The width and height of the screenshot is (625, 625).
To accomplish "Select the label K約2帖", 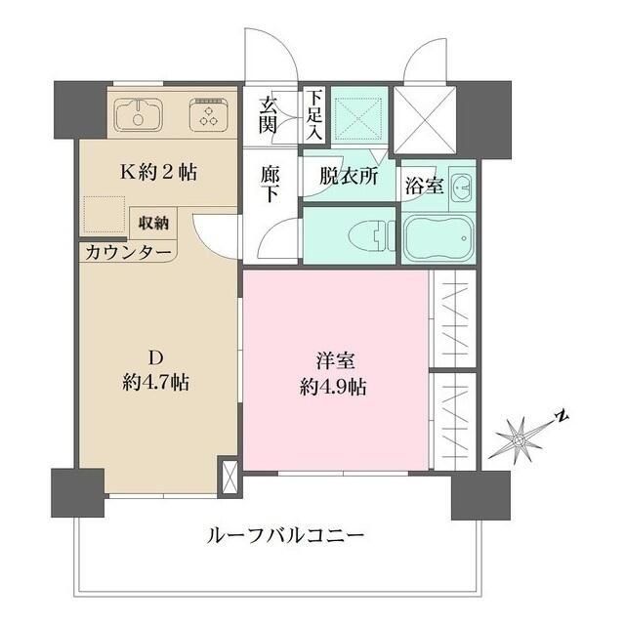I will [159, 173].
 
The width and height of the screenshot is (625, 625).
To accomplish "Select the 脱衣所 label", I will [348, 179].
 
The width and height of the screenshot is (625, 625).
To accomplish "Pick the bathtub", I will [438, 238].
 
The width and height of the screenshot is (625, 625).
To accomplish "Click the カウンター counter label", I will [128, 252].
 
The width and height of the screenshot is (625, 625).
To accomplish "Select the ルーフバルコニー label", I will [285, 535].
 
